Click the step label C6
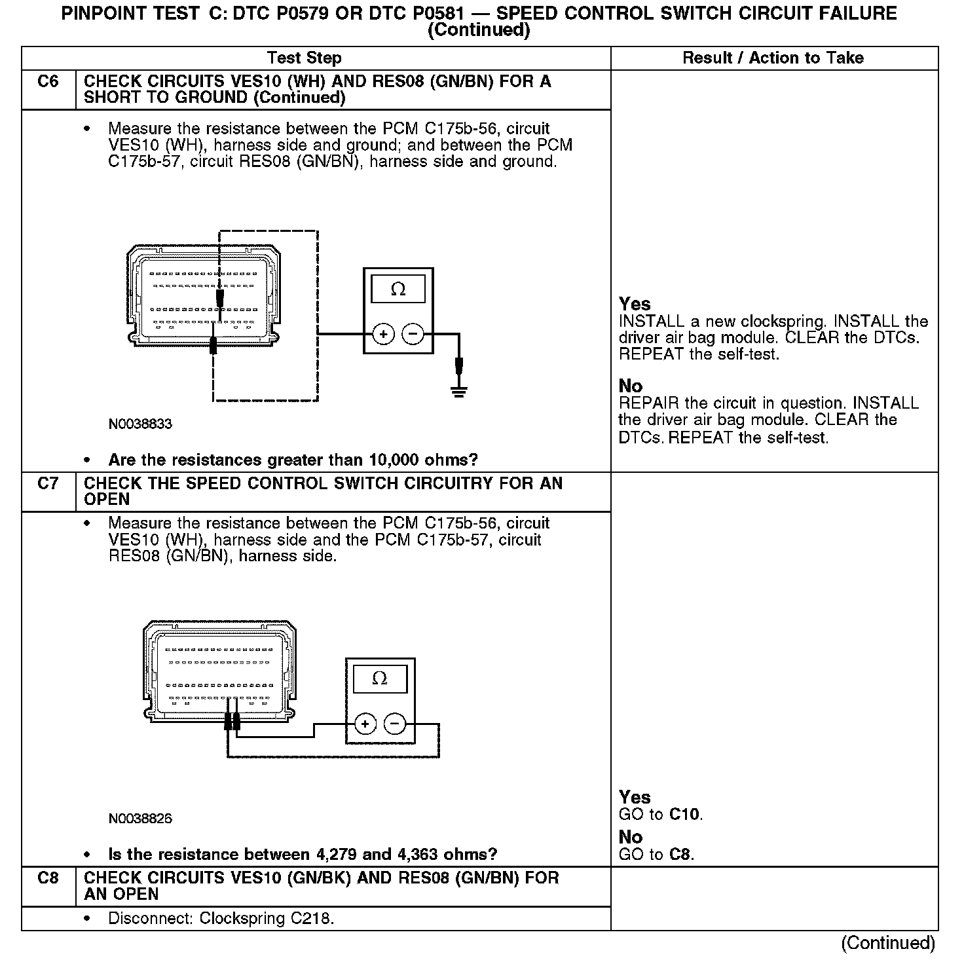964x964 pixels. point(48,82)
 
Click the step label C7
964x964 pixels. point(48,483)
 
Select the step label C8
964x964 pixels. point(48,878)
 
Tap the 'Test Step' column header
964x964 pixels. point(305,58)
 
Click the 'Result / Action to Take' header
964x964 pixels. point(773,58)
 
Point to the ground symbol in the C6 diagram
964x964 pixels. point(458,392)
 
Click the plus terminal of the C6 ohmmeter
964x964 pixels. point(383,335)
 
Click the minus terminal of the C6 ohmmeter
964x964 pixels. point(413,335)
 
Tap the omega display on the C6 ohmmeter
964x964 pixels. point(398,289)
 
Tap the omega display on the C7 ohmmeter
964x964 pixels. point(380,678)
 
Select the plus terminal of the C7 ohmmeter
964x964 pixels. point(365,724)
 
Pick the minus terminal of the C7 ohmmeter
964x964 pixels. point(394,724)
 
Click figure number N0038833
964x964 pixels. point(140,424)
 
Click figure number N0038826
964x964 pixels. point(140,819)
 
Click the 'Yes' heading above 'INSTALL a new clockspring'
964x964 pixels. point(635,304)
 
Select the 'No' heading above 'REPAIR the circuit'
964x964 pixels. point(630,386)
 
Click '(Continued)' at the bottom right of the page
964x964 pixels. point(888,942)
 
